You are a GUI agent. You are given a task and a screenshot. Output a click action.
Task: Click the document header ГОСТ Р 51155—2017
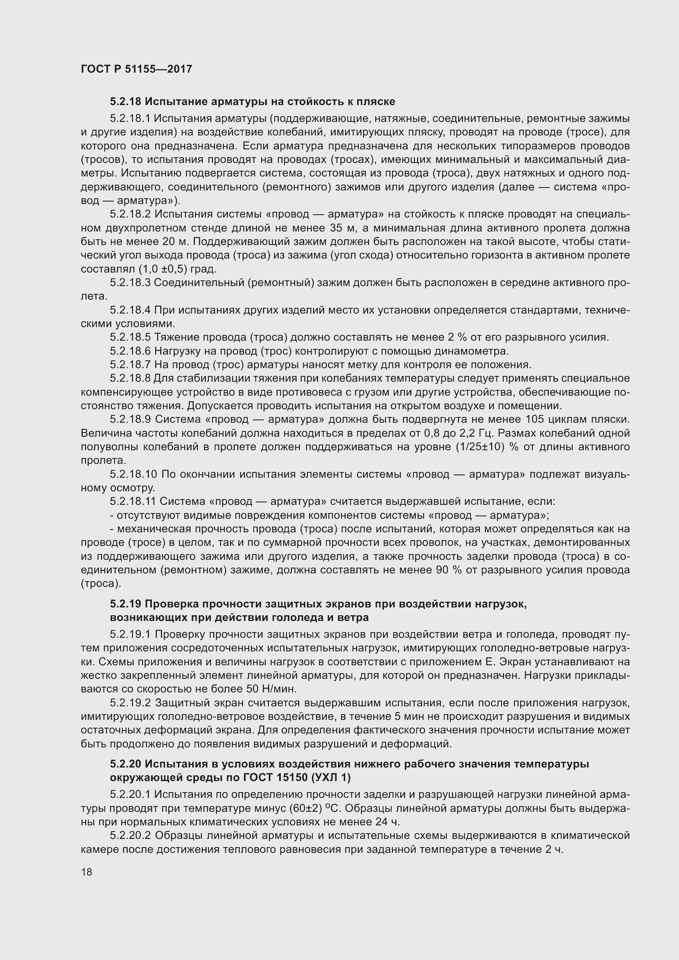pyautogui.click(x=136, y=69)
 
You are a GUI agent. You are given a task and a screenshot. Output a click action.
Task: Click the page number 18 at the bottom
pyautogui.click(x=87, y=872)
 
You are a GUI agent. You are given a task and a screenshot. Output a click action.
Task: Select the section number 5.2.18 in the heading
pyautogui.click(x=126, y=102)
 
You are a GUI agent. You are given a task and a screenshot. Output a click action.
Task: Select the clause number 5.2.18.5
pyautogui.click(x=130, y=337)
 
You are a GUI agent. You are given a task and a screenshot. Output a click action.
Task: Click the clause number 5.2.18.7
pyautogui.click(x=130, y=364)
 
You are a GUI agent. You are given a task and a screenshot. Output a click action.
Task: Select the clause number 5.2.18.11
pyautogui.click(x=133, y=501)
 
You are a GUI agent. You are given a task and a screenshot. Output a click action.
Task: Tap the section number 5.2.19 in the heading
pyautogui.click(x=126, y=604)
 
